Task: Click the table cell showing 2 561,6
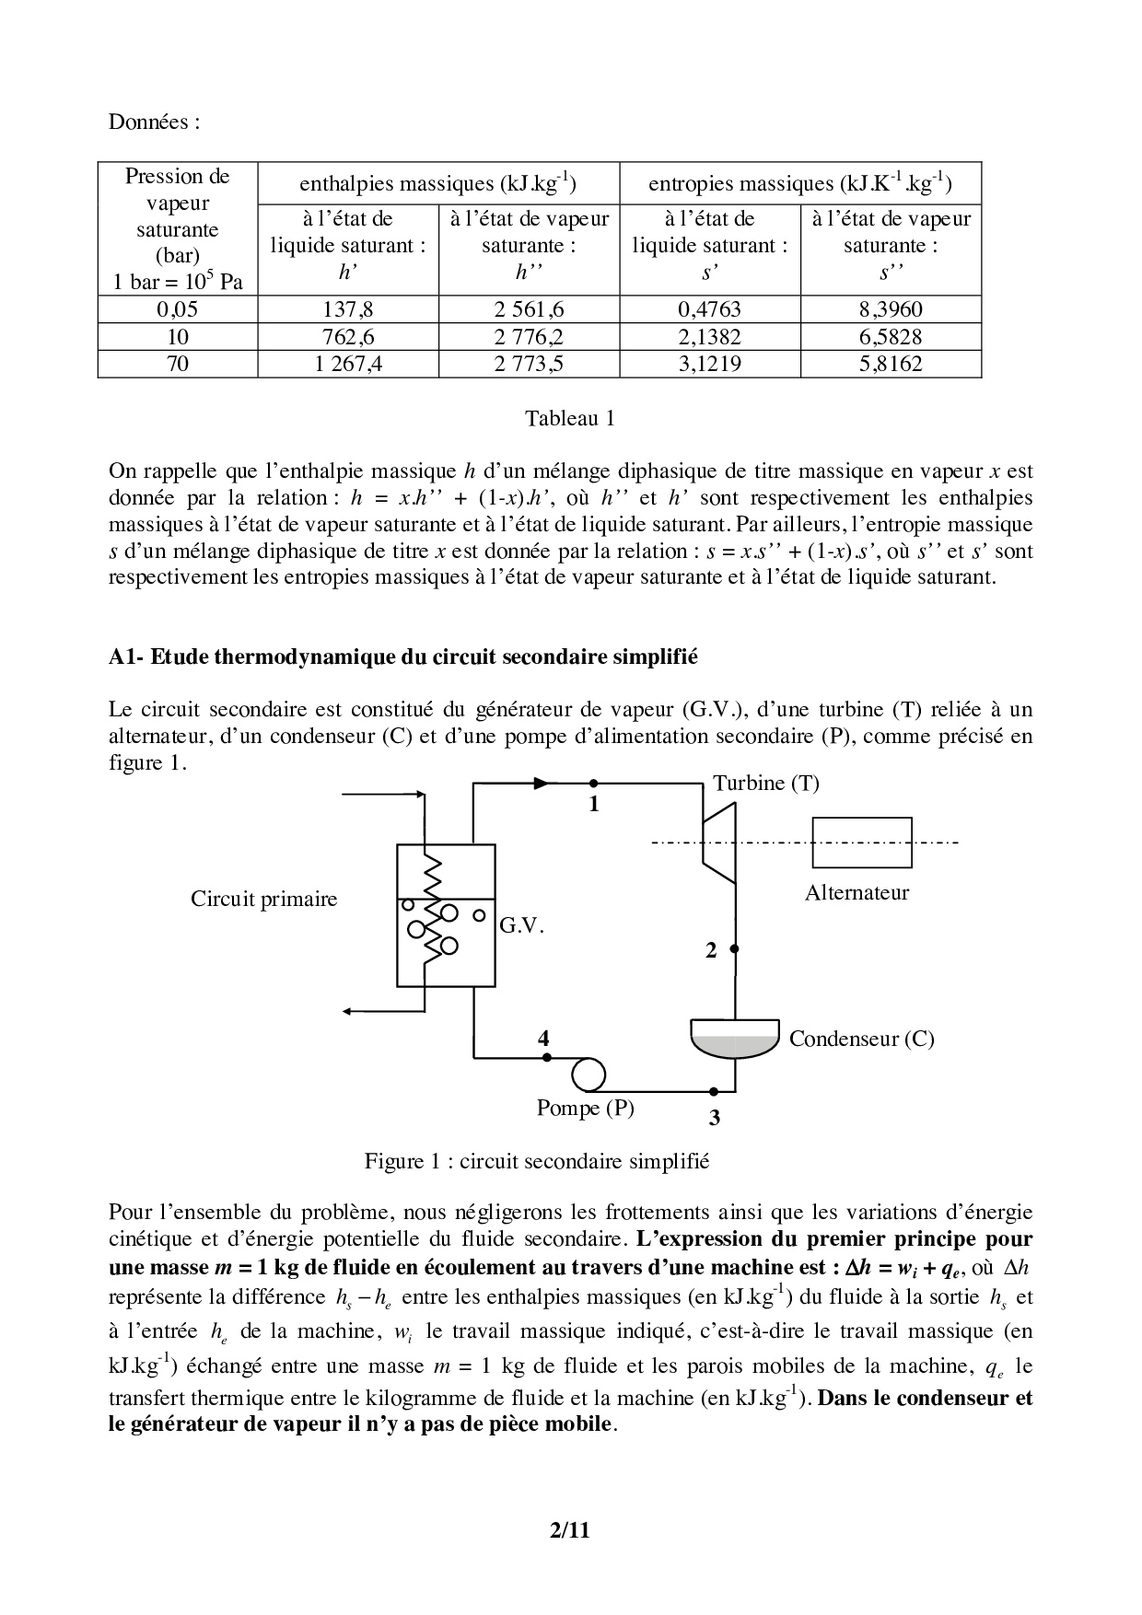click(529, 309)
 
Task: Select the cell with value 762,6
click(347, 337)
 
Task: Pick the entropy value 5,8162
click(890, 364)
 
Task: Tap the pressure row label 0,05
click(177, 309)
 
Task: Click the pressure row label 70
click(177, 364)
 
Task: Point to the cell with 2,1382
click(709, 337)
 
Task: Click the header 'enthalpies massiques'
click(437, 183)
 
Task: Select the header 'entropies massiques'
click(799, 183)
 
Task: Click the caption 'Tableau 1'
click(569, 419)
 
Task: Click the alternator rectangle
click(856, 842)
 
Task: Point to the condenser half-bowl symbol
click(735, 1040)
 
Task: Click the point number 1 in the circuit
click(594, 805)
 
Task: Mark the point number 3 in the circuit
click(714, 1118)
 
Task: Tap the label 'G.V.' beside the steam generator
click(522, 925)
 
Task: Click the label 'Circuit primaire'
click(263, 900)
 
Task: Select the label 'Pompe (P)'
click(585, 1108)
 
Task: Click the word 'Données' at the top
click(154, 122)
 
